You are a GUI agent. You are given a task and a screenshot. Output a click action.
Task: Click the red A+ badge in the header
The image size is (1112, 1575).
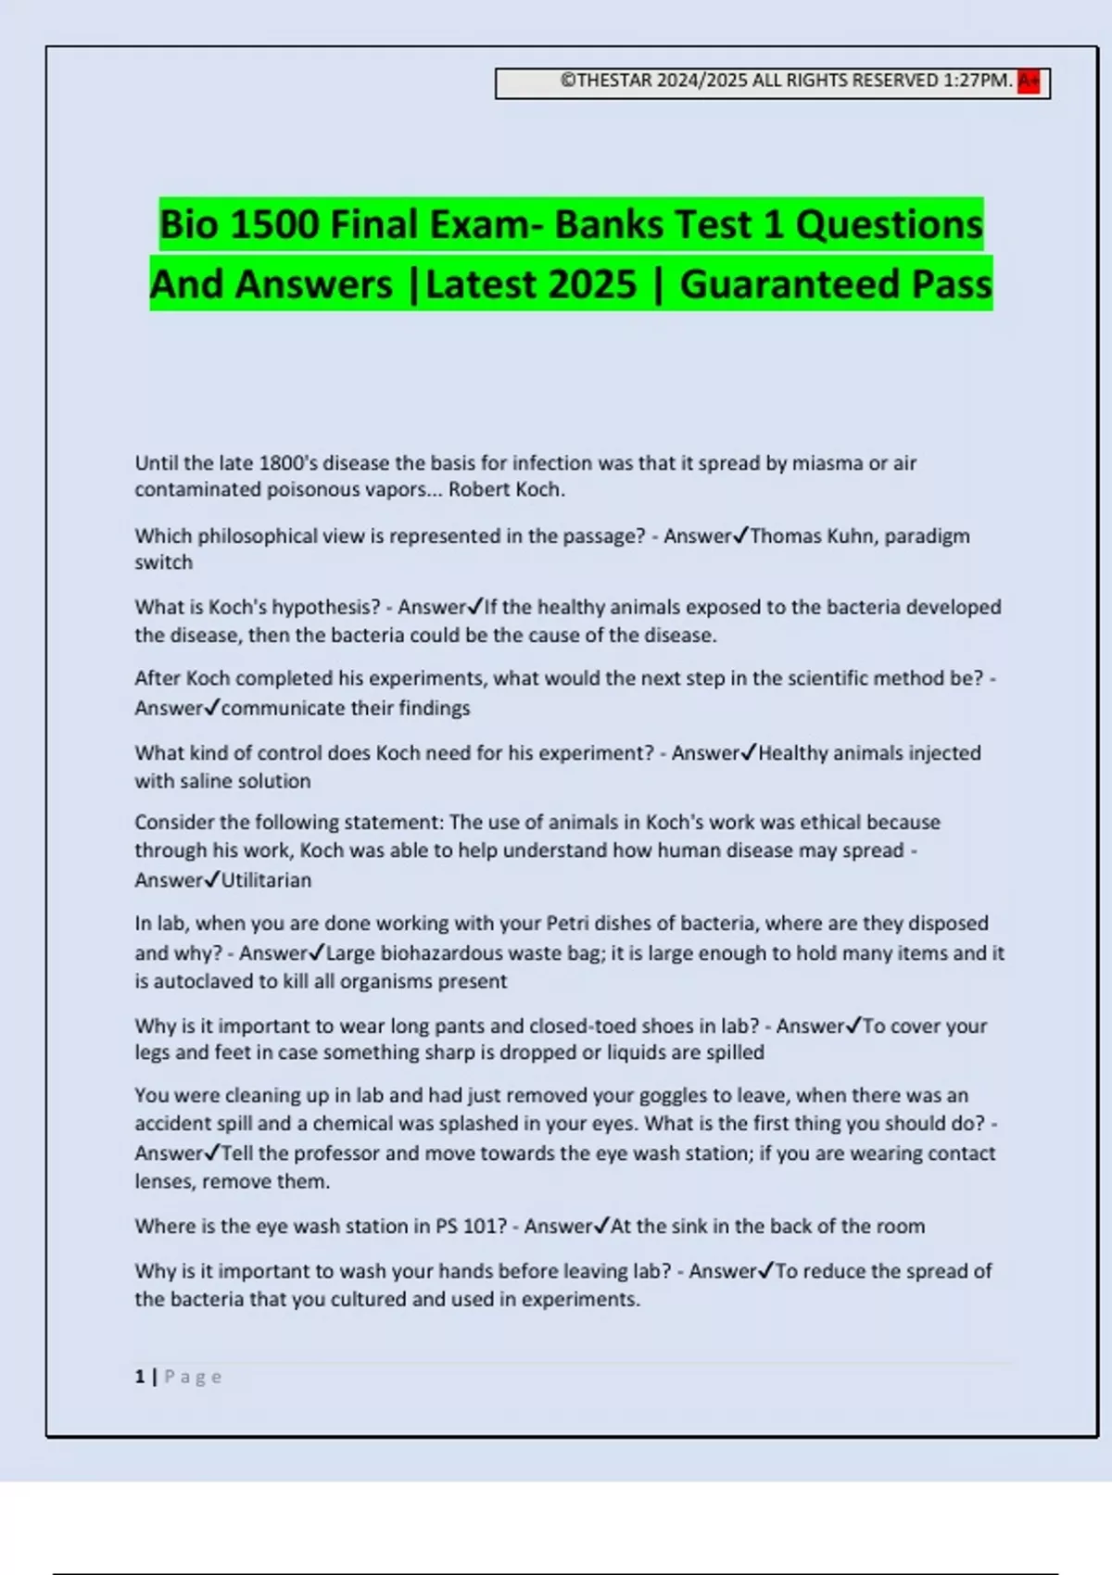click(x=1029, y=82)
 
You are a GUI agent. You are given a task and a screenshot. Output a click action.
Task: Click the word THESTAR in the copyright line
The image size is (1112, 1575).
click(x=614, y=82)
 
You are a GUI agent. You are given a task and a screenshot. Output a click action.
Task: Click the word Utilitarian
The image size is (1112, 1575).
click(x=267, y=880)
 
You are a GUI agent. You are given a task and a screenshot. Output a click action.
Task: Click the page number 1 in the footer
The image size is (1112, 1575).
click(x=140, y=1377)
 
